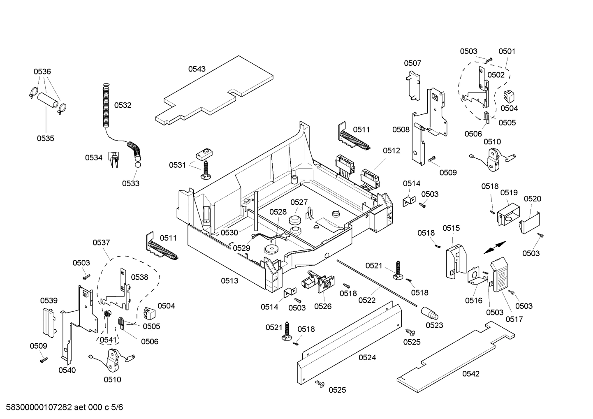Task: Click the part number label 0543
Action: tap(197, 69)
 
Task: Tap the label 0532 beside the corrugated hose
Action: tap(123, 105)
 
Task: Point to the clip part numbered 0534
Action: tap(114, 159)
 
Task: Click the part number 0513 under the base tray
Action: tap(229, 281)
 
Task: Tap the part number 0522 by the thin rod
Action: tap(367, 301)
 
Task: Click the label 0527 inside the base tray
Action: tap(299, 202)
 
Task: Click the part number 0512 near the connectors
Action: tap(391, 151)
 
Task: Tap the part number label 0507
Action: tap(412, 63)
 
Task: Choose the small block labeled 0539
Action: tap(49, 322)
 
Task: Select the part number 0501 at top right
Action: tap(507, 51)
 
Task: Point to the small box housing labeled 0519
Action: tap(507, 213)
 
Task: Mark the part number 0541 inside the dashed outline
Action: tap(108, 340)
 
